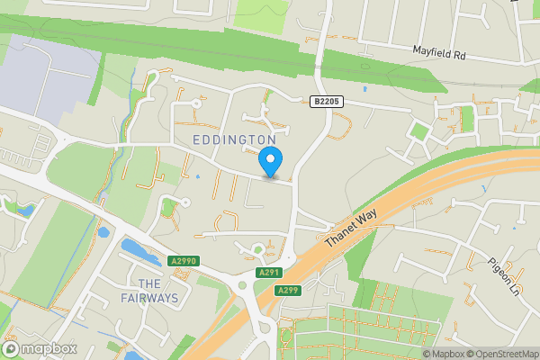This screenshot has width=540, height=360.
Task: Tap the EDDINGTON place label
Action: point(233,140)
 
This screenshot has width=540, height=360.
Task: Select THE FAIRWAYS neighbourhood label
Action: point(149,291)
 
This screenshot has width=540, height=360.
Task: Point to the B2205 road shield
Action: point(328,103)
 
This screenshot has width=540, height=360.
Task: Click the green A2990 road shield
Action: point(183,261)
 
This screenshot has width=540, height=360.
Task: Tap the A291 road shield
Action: point(268,272)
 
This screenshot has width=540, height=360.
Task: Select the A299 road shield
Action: point(288,290)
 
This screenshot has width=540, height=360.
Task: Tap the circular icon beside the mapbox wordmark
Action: point(12,349)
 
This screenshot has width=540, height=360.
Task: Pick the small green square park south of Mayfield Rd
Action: point(418,131)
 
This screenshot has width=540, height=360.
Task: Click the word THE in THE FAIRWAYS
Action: point(149,283)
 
